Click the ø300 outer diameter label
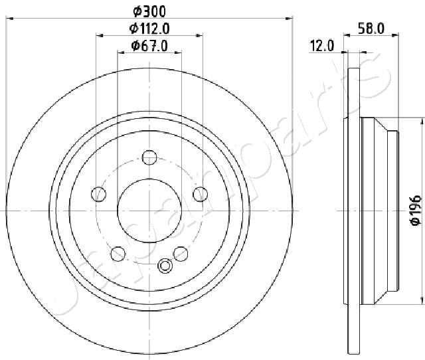[149, 11]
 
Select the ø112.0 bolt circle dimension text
[149, 28]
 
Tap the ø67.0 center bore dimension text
[149, 46]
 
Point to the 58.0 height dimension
[371, 28]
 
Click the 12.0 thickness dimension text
[322, 46]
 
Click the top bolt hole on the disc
[149, 157]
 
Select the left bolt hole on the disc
[99, 194]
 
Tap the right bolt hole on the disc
[201, 194]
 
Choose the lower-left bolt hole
[118, 254]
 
